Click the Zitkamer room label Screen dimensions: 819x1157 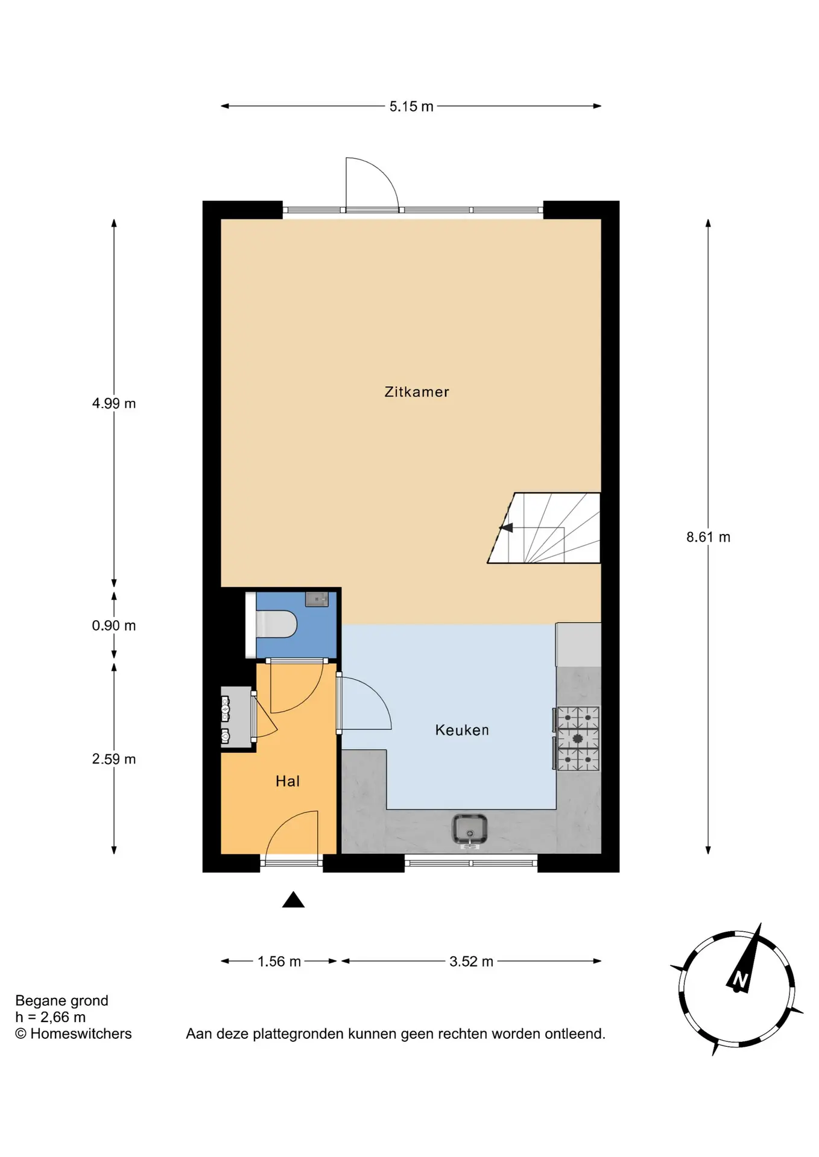417,392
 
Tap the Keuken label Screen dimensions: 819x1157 462,730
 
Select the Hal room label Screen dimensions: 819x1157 288,781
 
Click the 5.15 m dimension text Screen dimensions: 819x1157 411,107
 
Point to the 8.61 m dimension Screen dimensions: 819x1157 708,537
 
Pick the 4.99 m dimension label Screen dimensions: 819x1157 114,403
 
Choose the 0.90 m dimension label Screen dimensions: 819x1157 114,626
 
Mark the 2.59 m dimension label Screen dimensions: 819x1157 114,759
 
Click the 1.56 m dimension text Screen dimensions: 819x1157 279,962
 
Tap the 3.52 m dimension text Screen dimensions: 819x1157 471,962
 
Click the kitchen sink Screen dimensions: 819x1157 470,830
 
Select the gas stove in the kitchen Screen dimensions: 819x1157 578,739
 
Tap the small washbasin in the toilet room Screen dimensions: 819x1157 317,599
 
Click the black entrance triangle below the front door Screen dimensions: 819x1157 294,900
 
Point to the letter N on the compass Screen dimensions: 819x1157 740,980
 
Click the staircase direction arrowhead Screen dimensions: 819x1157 506,528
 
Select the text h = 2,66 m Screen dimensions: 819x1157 51,1017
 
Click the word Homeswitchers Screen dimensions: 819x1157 81,1034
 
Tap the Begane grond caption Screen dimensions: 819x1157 62,1001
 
